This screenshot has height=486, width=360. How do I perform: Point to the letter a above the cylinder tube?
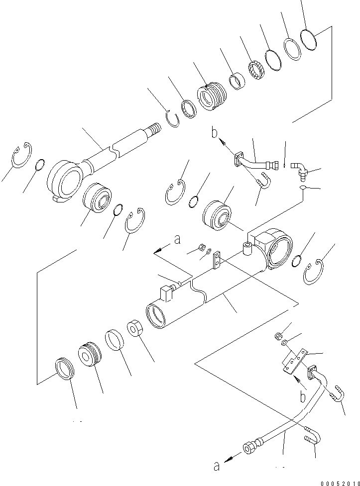176,240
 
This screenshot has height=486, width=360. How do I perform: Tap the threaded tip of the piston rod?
154,131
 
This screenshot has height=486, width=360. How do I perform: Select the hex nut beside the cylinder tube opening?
134,330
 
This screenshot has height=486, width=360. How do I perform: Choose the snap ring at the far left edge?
21,155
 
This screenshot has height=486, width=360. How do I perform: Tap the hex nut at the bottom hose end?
248,447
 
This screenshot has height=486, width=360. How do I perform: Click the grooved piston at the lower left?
89,354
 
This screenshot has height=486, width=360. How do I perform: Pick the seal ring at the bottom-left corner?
65,369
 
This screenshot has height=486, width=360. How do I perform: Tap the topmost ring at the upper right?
309,39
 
